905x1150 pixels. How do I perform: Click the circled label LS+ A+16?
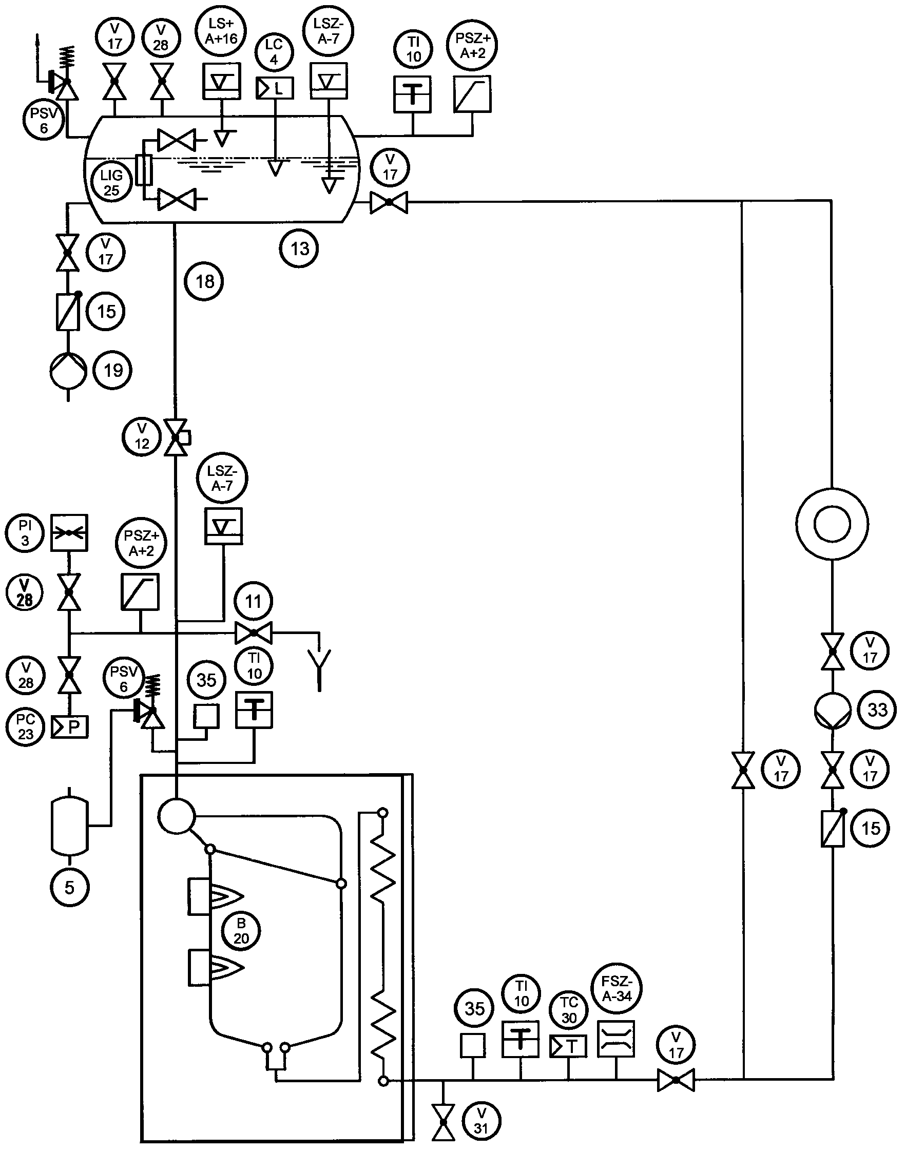(x=222, y=31)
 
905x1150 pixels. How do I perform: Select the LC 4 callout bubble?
(x=274, y=52)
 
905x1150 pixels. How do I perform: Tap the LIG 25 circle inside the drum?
(x=111, y=183)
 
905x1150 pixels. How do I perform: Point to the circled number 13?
(x=299, y=248)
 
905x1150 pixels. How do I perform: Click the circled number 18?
(x=204, y=281)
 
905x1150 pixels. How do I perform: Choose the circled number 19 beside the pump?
(x=112, y=370)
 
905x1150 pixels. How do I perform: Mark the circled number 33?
(x=877, y=709)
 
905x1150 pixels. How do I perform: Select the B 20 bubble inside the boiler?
(x=241, y=932)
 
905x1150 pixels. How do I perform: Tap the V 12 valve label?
(x=142, y=436)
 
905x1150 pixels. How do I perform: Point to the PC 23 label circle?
(x=26, y=726)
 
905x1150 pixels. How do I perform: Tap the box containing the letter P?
(x=69, y=726)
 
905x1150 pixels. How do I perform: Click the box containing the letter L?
(x=275, y=88)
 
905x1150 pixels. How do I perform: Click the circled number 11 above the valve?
(x=253, y=602)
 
